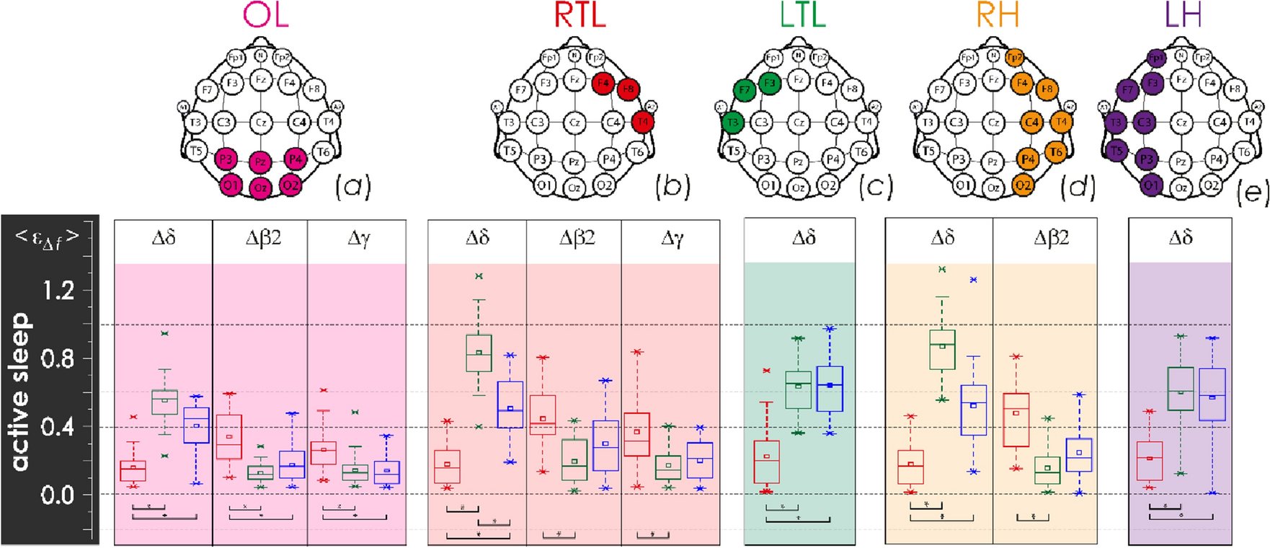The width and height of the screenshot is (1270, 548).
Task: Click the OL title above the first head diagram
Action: pyautogui.click(x=266, y=15)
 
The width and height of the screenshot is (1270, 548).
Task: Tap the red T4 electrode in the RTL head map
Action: pyautogui.click(x=641, y=122)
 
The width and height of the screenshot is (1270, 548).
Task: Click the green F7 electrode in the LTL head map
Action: pyautogui.click(x=744, y=90)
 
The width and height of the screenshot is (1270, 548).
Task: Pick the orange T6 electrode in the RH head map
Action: pyautogui.click(x=1055, y=151)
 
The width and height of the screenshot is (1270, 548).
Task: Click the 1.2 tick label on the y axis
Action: pyautogui.click(x=57, y=291)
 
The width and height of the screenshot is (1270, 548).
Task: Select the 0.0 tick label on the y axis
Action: pyautogui.click(x=57, y=495)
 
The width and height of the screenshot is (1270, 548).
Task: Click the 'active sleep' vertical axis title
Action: pyautogui.click(x=21, y=392)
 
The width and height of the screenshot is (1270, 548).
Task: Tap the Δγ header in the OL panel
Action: pyautogui.click(x=358, y=239)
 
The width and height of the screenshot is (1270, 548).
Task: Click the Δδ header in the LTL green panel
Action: pyautogui.click(x=803, y=238)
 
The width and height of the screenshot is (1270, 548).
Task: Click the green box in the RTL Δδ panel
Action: pyautogui.click(x=479, y=353)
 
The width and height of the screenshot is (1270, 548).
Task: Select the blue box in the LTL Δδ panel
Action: pyautogui.click(x=830, y=389)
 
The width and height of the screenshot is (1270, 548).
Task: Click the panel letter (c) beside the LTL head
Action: pyautogui.click(x=875, y=187)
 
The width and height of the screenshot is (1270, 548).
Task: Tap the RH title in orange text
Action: pyautogui.click(x=998, y=15)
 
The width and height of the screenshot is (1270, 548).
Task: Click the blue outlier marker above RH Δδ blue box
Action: pyautogui.click(x=974, y=280)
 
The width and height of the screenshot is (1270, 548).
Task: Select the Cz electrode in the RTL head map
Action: pyautogui.click(x=574, y=123)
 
